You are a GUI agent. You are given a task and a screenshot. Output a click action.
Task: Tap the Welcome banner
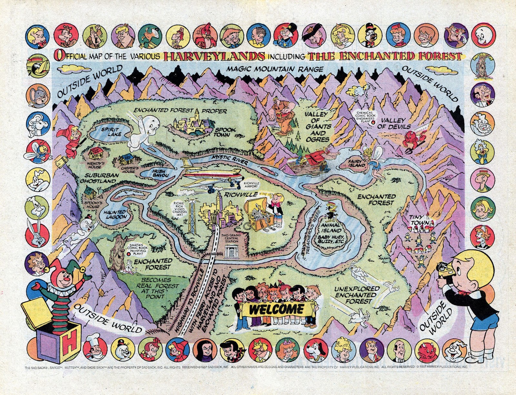[x=276, y=309]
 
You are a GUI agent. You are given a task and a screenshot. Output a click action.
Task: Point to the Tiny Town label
[x=420, y=220]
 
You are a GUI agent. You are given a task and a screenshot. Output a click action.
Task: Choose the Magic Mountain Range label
[x=274, y=69]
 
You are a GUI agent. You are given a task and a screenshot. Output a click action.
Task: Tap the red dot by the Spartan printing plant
[x=129, y=254]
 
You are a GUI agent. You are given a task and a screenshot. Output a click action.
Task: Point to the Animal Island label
[x=331, y=227]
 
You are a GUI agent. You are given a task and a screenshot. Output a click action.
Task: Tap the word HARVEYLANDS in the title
[x=214, y=56]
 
